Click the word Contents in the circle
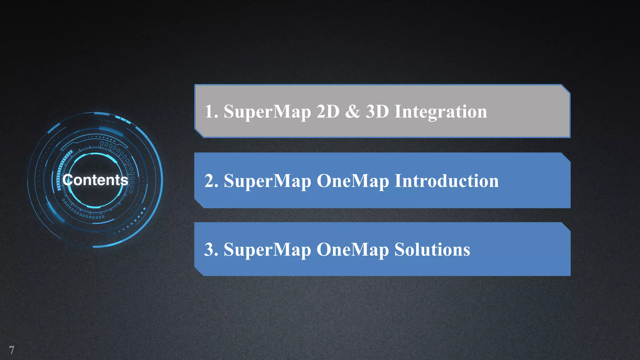coord(95,180)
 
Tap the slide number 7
coord(12,350)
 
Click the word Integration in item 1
coord(441,112)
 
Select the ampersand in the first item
coord(352,112)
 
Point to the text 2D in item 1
coord(328,112)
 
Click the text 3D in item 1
coord(377,112)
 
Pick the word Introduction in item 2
coord(447,181)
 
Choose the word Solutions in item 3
coord(432,250)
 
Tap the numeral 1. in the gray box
coord(211,112)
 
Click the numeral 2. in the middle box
coord(211,181)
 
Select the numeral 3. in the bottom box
coord(211,250)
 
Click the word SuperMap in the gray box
coord(267,112)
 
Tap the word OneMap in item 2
coord(353,181)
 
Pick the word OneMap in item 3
coord(353,250)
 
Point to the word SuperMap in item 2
coord(267,181)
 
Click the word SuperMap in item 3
coord(267,250)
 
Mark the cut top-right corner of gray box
coord(566,89)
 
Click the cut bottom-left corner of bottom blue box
coord(199,271)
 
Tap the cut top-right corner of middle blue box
coord(566,157)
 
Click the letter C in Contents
coord(68,180)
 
